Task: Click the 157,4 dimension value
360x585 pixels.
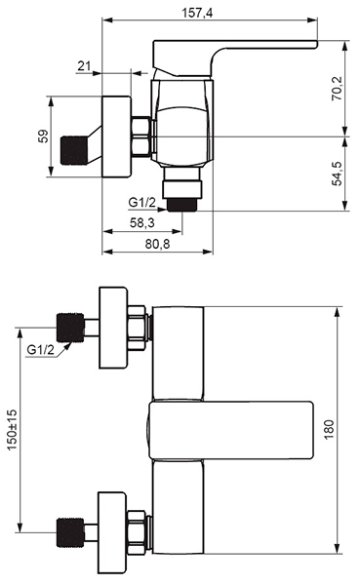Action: tap(197, 13)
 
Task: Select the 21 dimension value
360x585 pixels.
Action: tap(84, 66)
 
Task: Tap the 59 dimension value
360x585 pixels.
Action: tap(43, 136)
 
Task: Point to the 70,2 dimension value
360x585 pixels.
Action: tap(338, 88)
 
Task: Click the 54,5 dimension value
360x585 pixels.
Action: tap(338, 174)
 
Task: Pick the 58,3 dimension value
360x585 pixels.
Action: tap(142, 222)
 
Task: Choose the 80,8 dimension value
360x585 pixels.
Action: tap(157, 244)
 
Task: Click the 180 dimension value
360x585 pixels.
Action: tap(329, 429)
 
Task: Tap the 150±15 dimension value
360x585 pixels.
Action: tap(12, 429)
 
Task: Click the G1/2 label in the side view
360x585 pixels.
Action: tap(141, 203)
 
